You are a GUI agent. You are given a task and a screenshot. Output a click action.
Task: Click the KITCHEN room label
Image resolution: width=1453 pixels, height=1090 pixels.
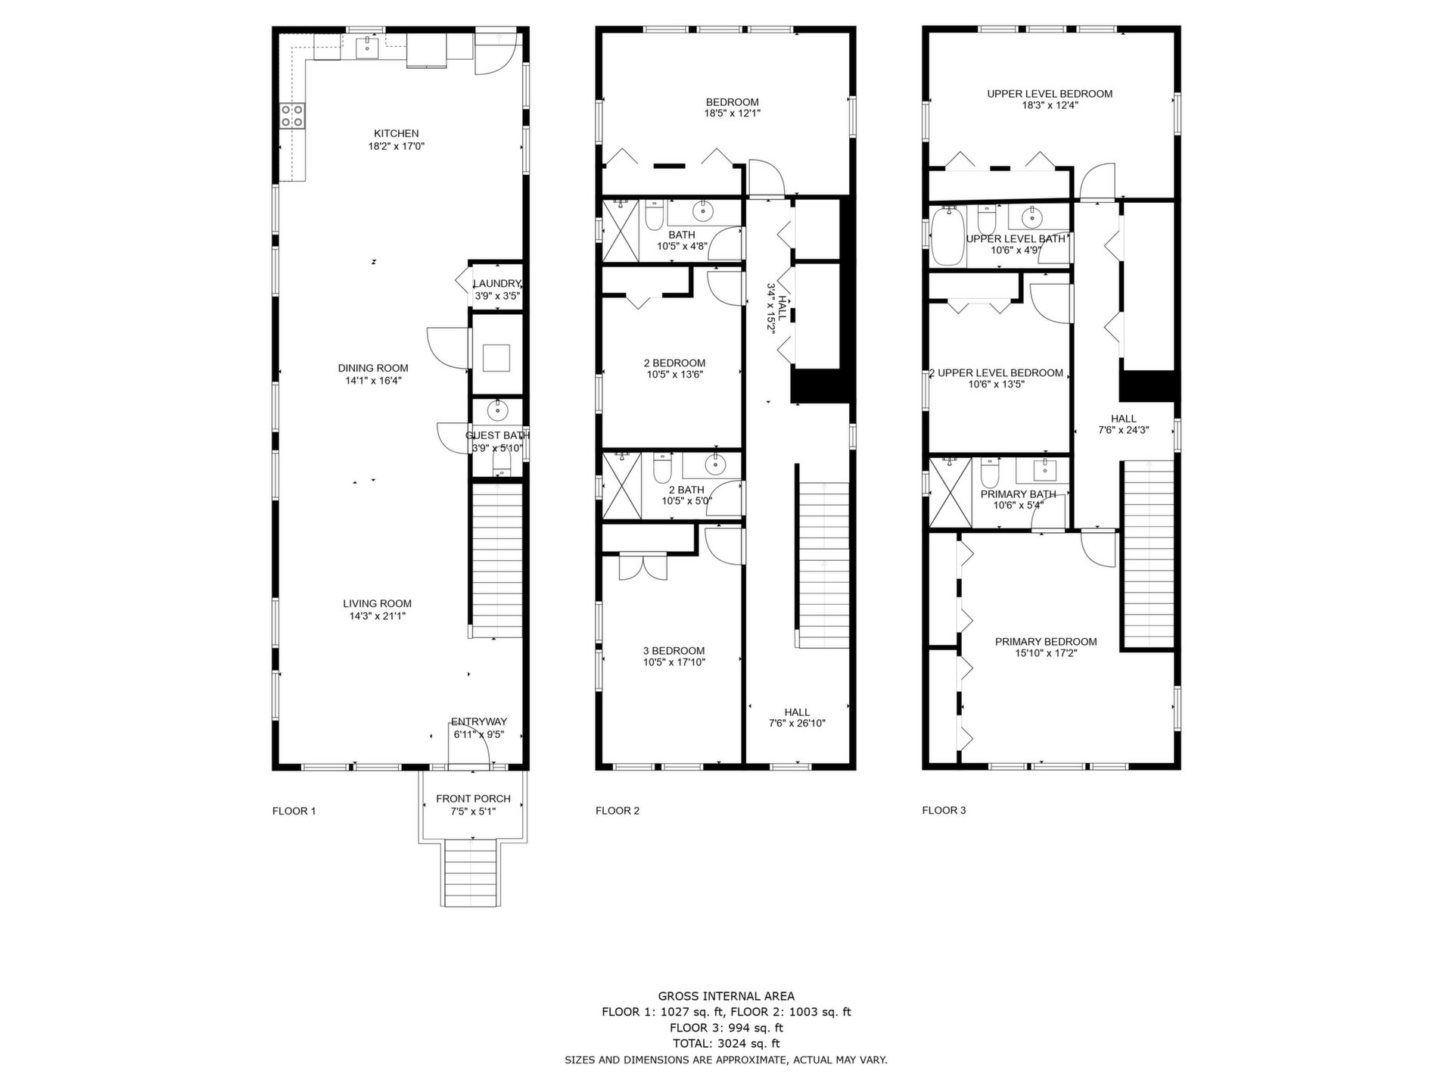coord(397,133)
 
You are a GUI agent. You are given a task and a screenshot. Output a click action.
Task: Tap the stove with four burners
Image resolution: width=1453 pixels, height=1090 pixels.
coord(293,116)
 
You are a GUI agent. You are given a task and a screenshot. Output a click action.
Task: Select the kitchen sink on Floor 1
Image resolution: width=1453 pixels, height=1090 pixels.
coord(368,47)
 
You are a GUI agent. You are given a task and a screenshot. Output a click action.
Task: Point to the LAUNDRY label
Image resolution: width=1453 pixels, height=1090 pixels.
coord(497,284)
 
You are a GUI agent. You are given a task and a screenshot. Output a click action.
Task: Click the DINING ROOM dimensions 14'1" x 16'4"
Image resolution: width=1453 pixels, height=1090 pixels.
coord(374,381)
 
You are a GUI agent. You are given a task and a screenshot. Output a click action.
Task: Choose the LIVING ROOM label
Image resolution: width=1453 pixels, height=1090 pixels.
coord(377,603)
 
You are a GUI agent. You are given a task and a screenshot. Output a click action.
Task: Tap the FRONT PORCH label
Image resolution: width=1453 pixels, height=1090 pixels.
coord(473,799)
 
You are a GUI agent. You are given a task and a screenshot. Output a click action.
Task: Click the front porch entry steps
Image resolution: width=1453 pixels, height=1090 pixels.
coord(470,873)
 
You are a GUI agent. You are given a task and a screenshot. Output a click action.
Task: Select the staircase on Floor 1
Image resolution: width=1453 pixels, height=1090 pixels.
coord(497,561)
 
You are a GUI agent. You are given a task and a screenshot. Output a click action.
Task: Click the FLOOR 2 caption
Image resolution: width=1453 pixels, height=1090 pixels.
coord(618,811)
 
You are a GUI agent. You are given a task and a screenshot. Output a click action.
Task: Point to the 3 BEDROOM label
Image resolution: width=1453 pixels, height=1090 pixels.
coord(674,650)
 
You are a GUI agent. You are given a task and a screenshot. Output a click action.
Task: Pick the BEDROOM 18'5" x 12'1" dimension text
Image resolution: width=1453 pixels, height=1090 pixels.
coord(733,114)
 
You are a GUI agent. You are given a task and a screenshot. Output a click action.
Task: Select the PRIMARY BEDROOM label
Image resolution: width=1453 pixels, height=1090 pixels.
coord(1046,641)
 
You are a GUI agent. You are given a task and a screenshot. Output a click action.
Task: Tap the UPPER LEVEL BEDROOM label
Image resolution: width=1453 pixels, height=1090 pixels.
coord(1050,94)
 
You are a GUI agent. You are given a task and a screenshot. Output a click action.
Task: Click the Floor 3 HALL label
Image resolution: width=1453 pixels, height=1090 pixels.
coord(1124,419)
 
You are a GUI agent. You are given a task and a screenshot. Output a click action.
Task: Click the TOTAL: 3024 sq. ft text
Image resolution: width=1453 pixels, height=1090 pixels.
coord(726,1044)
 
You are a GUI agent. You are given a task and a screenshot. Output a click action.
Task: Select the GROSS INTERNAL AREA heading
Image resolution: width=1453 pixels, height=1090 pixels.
coord(726,996)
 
